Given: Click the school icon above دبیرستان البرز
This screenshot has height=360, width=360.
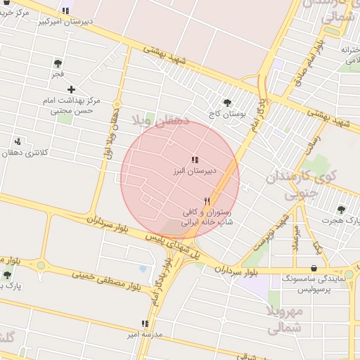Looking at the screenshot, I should point(195,160).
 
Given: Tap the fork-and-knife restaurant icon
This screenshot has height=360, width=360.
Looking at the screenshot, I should point(207,201).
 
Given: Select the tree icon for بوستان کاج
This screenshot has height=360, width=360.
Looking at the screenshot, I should point(226,103).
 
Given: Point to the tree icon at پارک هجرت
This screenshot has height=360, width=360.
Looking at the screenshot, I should point(341,210).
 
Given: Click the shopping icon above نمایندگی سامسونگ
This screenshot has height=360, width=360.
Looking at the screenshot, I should point(313,268).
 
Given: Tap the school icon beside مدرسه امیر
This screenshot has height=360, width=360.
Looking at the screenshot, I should point(145,324).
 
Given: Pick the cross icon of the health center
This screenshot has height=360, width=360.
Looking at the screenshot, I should point(71,89).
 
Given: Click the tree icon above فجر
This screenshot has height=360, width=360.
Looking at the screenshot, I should point(57,63).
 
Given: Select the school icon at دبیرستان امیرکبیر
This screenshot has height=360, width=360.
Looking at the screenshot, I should point(65,11).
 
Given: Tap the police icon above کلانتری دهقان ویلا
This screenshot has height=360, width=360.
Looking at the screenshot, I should point(17,141).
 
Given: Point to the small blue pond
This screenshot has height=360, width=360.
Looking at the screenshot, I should point(143,269).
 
